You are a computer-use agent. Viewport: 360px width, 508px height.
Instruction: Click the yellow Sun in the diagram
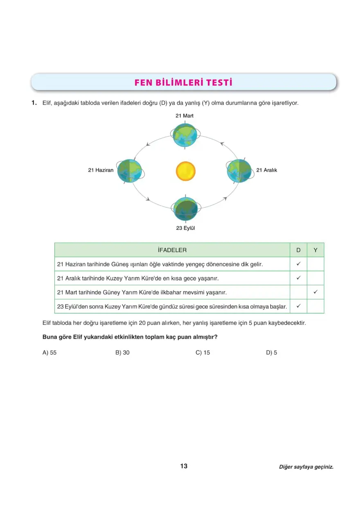186,171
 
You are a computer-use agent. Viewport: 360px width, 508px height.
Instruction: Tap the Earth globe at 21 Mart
185,135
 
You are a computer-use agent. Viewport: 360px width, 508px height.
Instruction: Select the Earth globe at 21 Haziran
129,171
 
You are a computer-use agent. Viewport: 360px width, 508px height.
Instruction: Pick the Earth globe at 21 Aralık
239,171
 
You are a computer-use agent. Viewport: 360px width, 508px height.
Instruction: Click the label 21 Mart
184,116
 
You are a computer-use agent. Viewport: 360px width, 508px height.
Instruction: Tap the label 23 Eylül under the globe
185,228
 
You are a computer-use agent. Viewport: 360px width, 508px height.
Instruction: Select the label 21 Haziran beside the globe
101,170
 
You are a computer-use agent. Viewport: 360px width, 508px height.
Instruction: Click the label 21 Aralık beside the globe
267,170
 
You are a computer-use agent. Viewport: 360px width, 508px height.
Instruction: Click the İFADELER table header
172,250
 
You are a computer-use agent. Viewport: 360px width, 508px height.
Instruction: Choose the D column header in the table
298,250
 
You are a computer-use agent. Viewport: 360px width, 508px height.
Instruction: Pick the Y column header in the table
315,250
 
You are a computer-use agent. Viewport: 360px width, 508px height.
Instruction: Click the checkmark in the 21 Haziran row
299,264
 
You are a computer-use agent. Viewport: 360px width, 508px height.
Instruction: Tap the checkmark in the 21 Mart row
315,292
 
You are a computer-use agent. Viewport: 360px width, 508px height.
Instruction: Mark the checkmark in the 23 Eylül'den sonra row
299,306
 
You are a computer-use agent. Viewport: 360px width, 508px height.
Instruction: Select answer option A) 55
49,353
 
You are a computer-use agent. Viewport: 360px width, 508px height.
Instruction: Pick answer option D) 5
271,353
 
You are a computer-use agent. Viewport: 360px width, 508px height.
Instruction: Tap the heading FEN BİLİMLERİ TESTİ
183,83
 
